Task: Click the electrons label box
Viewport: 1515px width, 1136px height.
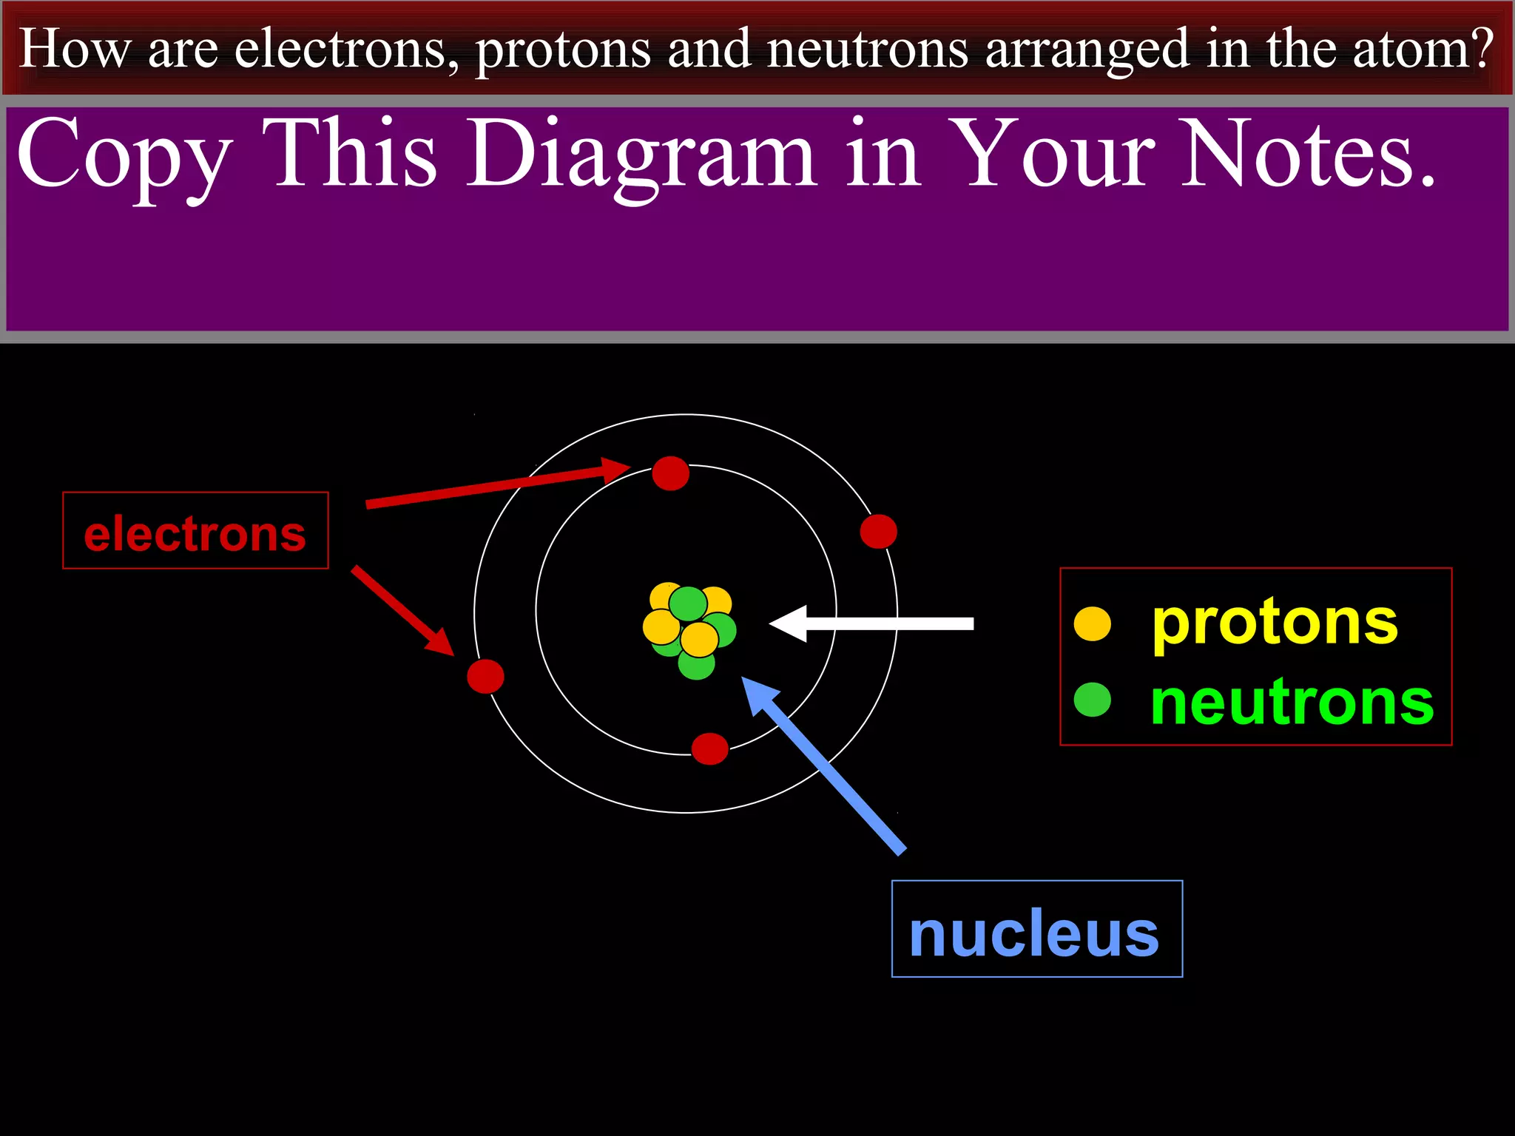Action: point(195,530)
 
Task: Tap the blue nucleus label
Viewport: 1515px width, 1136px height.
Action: point(1036,929)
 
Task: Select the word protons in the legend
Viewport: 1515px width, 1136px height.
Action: point(1275,623)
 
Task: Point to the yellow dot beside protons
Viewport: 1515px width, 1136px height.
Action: point(1093,623)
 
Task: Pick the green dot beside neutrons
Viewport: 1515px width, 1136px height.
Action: point(1092,700)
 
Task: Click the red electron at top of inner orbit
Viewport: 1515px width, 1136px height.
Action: point(670,473)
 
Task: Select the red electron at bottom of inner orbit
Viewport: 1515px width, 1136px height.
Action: point(709,748)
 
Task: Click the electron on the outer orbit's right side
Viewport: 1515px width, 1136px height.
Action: point(878,531)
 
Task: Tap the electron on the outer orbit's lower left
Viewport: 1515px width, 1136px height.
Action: point(485,676)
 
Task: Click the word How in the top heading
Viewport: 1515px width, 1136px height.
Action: point(74,49)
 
